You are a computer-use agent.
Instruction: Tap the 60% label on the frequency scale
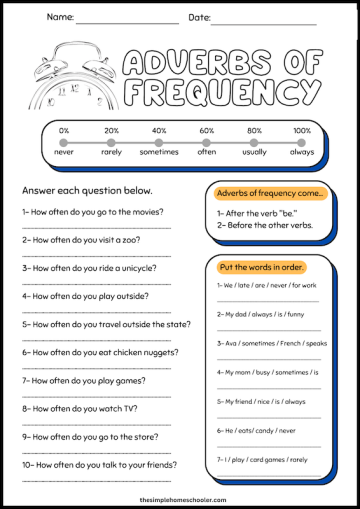point(206,131)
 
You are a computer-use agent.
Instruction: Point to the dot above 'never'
point(64,144)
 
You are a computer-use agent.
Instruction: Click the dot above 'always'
point(302,144)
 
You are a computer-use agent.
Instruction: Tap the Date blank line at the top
point(264,20)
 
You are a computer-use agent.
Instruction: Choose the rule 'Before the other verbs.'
point(268,225)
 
